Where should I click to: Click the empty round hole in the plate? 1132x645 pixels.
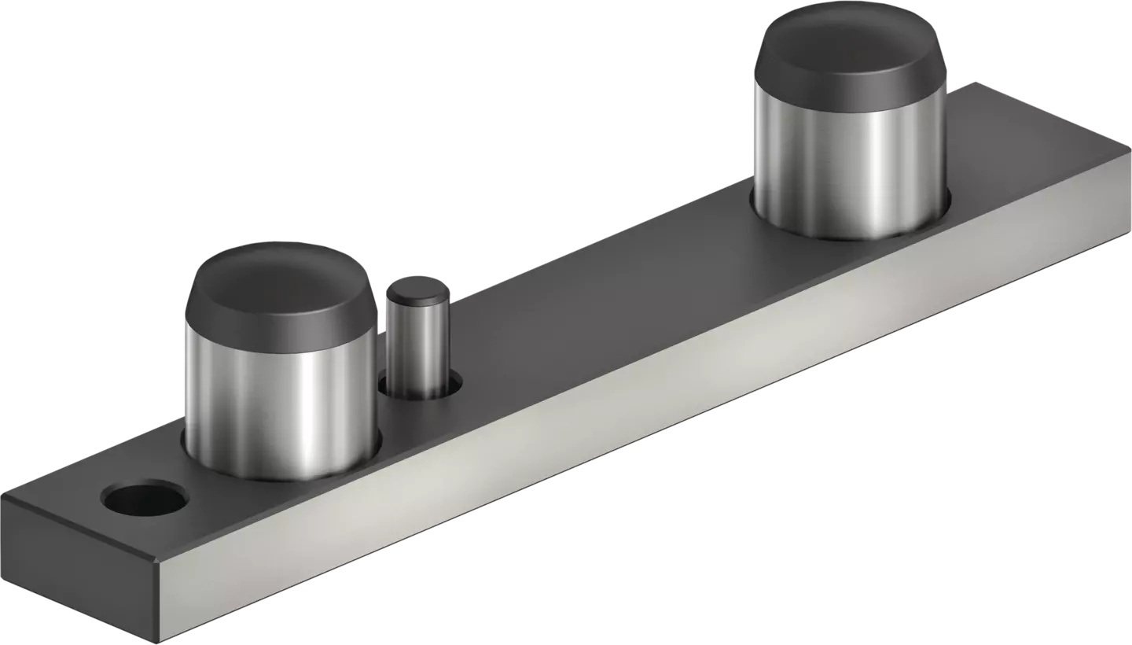(145, 499)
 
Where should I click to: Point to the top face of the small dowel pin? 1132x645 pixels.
(417, 289)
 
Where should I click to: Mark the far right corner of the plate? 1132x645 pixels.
(1130, 148)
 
